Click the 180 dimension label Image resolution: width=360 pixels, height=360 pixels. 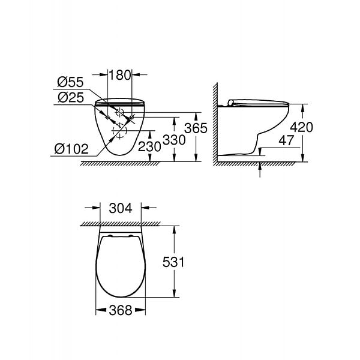click(x=119, y=75)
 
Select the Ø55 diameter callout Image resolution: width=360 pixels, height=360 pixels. click(x=70, y=82)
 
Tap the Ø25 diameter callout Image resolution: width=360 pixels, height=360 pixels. click(x=71, y=97)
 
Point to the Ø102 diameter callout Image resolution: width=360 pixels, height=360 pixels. click(x=71, y=149)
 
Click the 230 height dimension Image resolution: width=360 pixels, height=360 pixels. click(x=149, y=146)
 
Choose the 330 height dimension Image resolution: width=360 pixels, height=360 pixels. click(x=174, y=140)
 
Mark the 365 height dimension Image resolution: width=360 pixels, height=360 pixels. click(x=196, y=128)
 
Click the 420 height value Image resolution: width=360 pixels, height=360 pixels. click(x=301, y=127)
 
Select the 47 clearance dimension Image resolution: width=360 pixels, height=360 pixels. click(x=286, y=140)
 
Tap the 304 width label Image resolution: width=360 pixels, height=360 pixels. click(x=121, y=208)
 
